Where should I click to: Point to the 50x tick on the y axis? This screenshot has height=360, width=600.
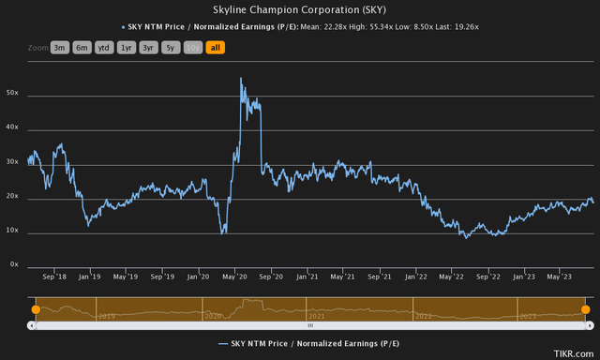13,94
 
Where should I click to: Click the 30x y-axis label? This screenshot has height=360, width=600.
13,162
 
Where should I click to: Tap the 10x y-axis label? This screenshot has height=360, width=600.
13,231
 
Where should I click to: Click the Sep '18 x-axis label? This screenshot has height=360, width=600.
55,277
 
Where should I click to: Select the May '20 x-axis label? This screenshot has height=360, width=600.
234,277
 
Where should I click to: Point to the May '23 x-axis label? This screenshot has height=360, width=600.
559,277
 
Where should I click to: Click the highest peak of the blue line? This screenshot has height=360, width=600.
241,79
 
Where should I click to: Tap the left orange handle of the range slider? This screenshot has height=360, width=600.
36,309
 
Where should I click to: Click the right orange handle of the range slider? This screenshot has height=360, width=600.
585,309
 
